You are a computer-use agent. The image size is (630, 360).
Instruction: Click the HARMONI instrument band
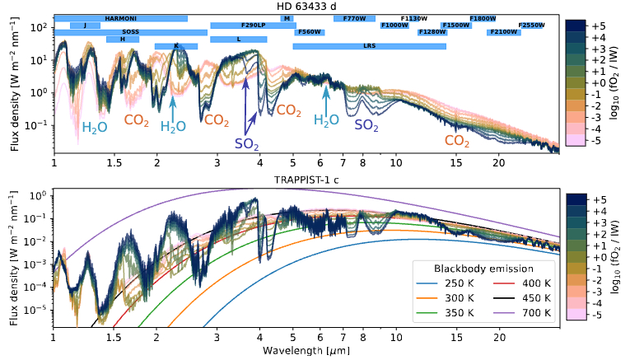pos(120,18)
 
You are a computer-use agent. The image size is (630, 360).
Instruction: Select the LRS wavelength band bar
pos(369,46)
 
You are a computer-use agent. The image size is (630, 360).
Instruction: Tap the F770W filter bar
pos(354,18)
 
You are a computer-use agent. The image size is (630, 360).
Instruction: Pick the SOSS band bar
pos(130,32)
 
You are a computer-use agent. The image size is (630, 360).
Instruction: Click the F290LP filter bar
pos(253,26)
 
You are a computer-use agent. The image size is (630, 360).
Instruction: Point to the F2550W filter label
pos(531,26)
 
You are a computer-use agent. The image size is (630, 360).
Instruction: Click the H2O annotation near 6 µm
pos(327,120)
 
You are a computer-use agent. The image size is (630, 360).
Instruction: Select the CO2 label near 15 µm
pos(457,141)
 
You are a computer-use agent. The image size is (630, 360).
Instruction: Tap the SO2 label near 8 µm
pos(366,125)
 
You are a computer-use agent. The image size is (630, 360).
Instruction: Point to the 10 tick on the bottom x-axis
pos(396,337)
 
